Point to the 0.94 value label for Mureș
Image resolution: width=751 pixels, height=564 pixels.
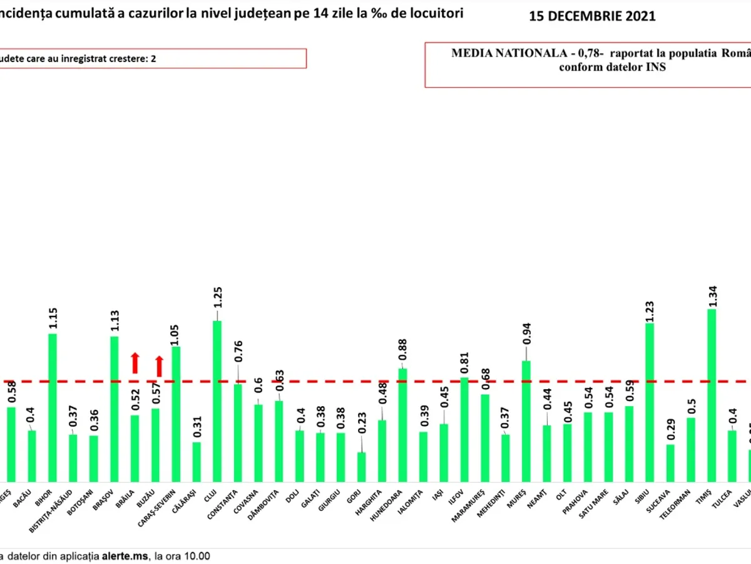[x=526, y=345]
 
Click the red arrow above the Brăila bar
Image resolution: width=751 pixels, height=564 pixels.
[x=135, y=363]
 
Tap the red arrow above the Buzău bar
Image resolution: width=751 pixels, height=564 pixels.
[x=159, y=366]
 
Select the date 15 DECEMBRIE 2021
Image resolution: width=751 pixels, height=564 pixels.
[x=592, y=17]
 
